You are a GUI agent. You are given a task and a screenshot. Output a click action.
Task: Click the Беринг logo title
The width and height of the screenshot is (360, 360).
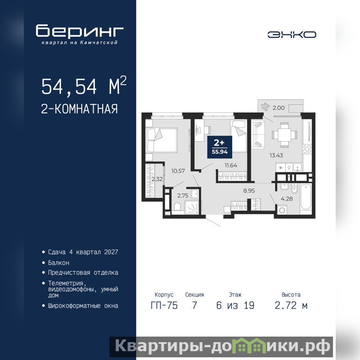[x=80, y=31]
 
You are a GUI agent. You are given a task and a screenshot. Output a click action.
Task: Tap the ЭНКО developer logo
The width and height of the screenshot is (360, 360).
[x=292, y=35]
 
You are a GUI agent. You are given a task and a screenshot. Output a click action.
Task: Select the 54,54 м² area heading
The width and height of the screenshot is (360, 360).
[x=84, y=85]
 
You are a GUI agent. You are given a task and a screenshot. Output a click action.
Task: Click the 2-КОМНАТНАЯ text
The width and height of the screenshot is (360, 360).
[x=80, y=109]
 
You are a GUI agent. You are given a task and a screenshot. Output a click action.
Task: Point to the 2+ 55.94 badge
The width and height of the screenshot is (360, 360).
[x=220, y=147]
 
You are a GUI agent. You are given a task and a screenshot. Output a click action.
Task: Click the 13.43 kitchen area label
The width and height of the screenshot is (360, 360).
[x=276, y=155]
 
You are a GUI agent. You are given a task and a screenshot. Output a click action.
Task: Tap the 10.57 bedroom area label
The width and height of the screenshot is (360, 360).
[x=178, y=171]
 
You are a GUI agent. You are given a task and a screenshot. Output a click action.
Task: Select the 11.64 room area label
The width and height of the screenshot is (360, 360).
[x=231, y=165]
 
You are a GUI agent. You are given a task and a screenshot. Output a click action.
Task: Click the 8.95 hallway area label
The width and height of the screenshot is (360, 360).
[x=249, y=190]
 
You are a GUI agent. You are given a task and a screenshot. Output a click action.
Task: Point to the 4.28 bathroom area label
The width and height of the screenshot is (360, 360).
[x=287, y=199]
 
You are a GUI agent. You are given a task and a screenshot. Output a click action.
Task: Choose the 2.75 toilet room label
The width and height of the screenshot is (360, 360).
[x=183, y=196]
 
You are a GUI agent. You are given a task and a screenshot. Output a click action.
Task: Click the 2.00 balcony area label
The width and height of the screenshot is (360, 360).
[x=279, y=108]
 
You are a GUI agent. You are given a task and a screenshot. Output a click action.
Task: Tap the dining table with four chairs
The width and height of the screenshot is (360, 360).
[x=284, y=135]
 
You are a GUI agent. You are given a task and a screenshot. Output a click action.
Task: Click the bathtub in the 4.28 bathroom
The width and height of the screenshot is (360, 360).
[x=306, y=197]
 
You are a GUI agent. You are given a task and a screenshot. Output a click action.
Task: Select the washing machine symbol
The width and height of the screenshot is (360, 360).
[x=282, y=210]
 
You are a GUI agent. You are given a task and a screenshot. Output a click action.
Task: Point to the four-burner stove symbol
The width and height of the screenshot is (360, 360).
[x=307, y=149]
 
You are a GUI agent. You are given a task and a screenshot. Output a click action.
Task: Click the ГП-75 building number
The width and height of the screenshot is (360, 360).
[x=164, y=306]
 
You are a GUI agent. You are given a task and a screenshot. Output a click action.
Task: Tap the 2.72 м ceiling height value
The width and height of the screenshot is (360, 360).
[x=291, y=306]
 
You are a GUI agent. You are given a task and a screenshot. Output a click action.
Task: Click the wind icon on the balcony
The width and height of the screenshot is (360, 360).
[x=265, y=107]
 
